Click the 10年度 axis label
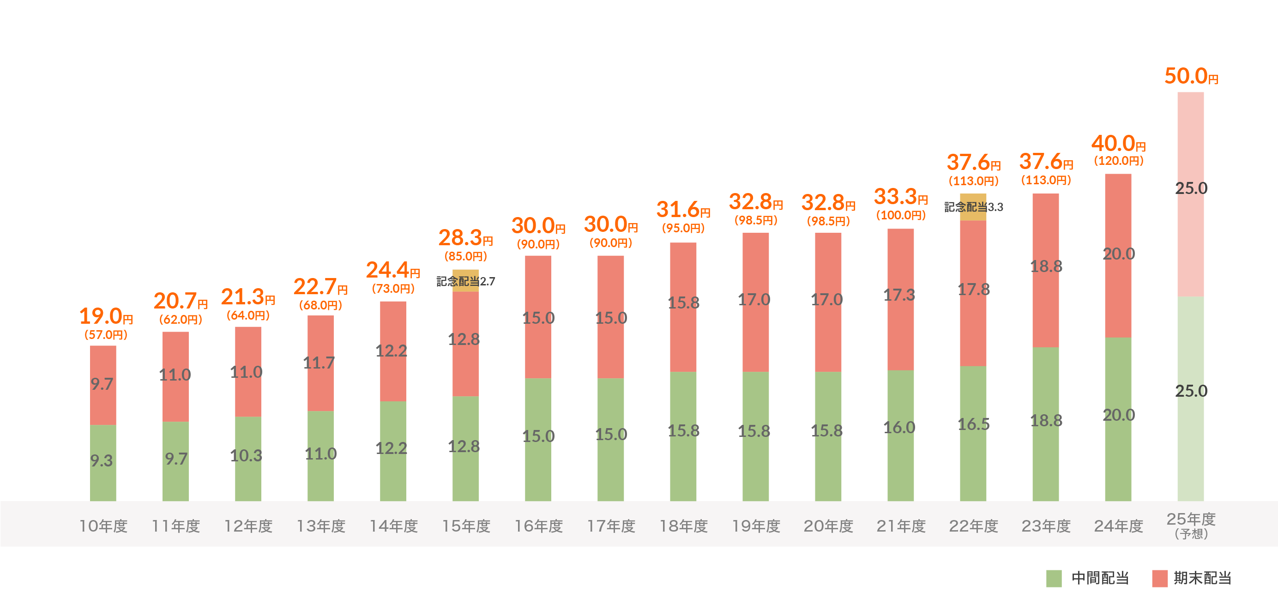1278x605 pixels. (103, 526)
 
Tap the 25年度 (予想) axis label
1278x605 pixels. (1191, 525)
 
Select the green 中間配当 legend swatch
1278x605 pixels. (1054, 578)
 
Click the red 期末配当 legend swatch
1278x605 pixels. (1159, 578)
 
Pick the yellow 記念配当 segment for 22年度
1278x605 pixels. (973, 207)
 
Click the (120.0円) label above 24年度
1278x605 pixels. (1119, 161)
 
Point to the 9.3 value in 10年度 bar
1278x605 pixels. (102, 460)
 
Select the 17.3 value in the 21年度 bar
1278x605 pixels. (899, 295)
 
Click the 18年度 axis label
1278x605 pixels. (683, 526)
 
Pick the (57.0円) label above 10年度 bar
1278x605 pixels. (106, 334)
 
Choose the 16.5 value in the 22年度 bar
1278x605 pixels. (973, 424)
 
